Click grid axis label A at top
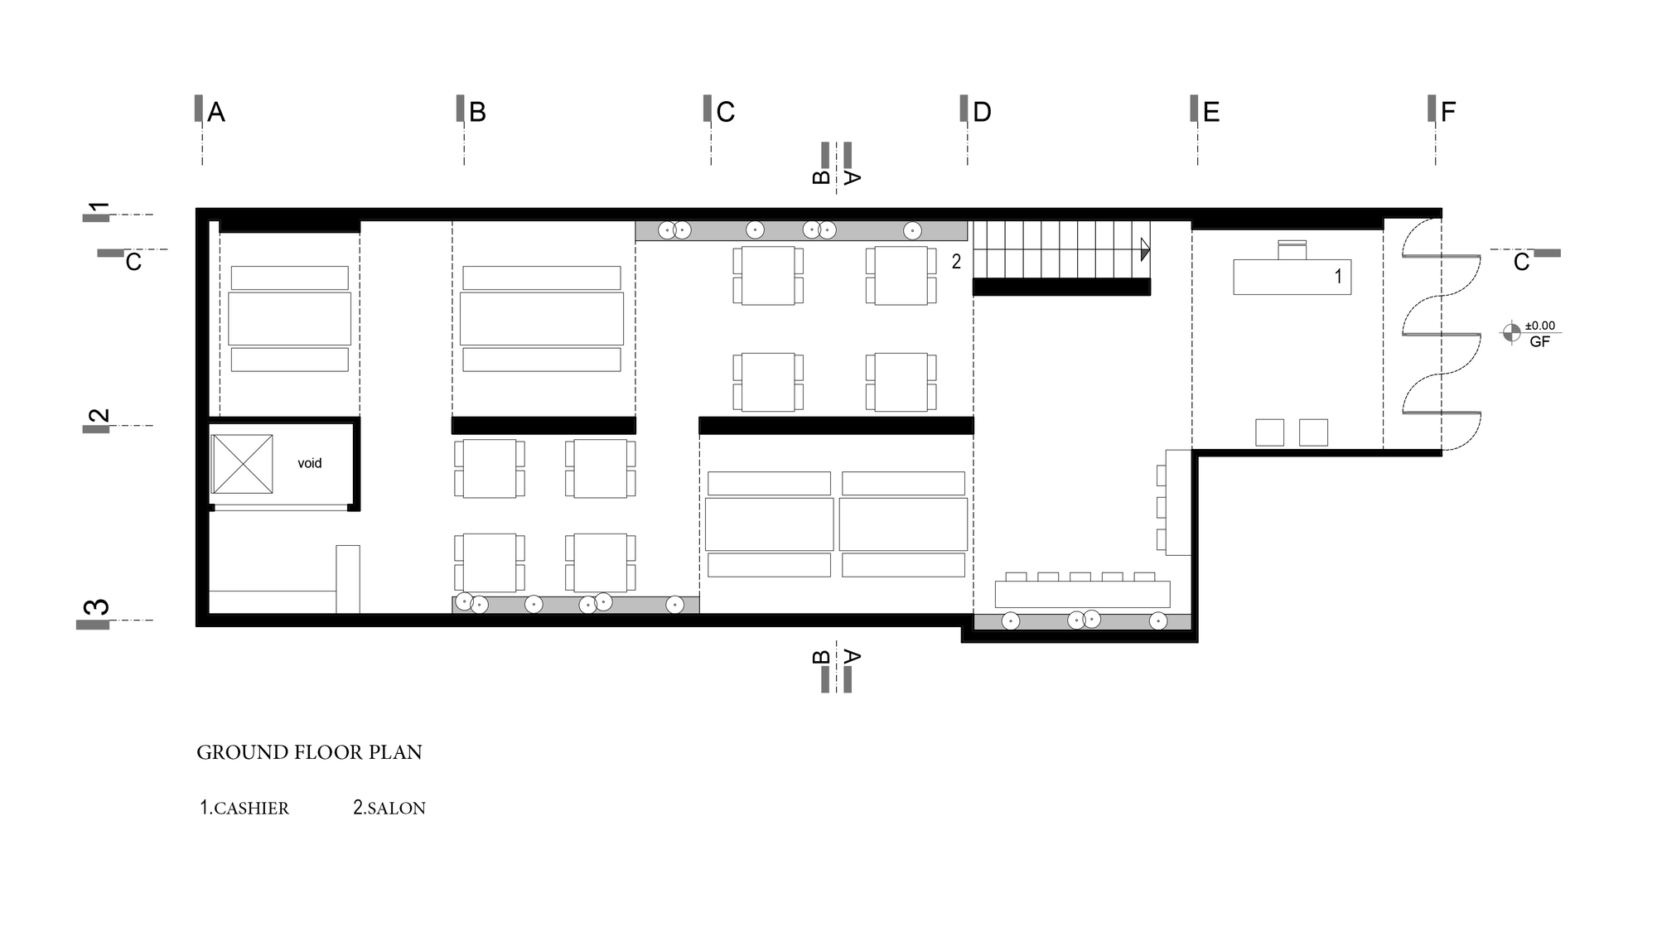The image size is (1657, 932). coord(216,112)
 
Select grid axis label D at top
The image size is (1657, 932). coord(982,112)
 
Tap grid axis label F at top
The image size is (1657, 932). coord(1448,112)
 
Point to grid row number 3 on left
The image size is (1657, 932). coord(99,606)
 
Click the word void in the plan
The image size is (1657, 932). coord(310,463)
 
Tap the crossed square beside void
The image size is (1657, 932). coord(242,464)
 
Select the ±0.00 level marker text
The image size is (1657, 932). coord(1540,326)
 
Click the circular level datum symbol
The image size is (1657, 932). coord(1511,333)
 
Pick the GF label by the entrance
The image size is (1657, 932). coord(1539,341)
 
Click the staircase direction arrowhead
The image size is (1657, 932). coord(1145,249)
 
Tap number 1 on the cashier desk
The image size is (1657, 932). coord(1338,277)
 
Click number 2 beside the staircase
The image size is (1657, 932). coord(956,262)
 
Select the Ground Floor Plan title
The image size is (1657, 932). coord(309,752)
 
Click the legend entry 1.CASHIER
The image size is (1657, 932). coord(244,808)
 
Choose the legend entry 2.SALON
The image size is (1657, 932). coord(389,808)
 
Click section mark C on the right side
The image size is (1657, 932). coord(1522,263)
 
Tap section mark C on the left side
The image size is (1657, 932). coord(133,263)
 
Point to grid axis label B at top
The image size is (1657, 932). coord(477,112)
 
